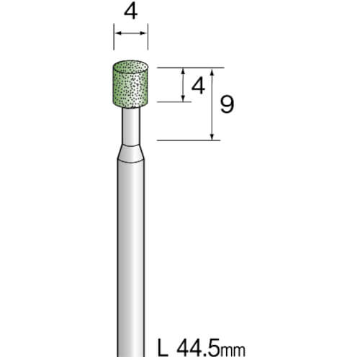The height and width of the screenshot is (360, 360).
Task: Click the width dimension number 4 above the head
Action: (x=131, y=12)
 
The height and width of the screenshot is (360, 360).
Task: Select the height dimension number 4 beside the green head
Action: (x=198, y=86)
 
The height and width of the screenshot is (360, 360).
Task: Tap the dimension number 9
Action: (x=227, y=104)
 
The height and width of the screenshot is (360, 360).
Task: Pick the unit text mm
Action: (x=233, y=351)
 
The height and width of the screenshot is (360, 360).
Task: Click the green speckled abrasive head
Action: (x=130, y=84)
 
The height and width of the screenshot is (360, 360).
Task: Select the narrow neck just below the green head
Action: (x=131, y=127)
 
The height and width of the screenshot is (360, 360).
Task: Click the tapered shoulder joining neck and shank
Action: (x=131, y=153)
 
